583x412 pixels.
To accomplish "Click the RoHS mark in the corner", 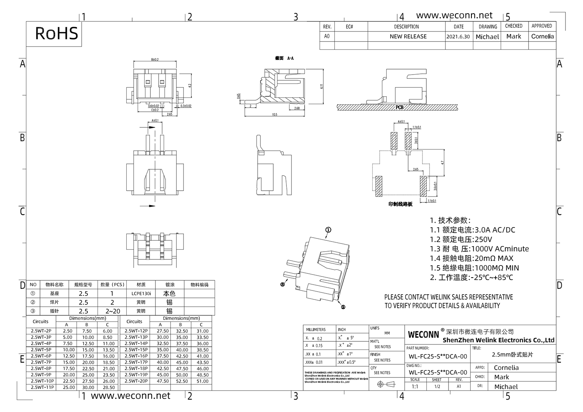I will coord(57,33).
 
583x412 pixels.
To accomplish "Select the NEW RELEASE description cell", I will coord(408,37).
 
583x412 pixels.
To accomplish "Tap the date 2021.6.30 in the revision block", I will coord(458,37).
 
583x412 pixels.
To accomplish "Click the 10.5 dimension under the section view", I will coord(274,115).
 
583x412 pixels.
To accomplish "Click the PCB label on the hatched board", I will coord(400,107).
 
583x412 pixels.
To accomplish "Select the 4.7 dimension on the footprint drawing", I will coord(442,163).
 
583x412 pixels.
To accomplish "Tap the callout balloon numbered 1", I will coord(328,230).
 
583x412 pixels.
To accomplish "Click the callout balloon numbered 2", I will coord(343,307).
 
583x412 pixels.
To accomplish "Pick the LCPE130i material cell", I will coord(141,294).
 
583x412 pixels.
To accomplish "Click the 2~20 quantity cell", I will coord(112,311).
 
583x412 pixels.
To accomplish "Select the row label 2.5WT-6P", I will coord(41,356).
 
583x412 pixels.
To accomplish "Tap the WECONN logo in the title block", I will coord(423,334).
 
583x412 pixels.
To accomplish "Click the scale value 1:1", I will coord(415,387).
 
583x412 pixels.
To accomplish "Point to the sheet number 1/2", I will coord(436,387).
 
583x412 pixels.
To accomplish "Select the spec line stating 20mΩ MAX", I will coord(471,258).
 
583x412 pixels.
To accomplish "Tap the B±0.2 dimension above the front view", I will coord(155,59).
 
